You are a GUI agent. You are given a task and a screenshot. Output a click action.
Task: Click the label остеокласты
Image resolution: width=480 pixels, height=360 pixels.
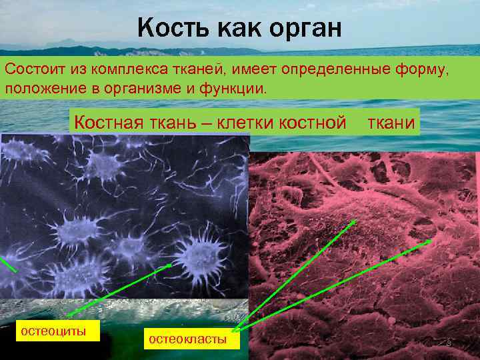pyautogui.click(x=187, y=339)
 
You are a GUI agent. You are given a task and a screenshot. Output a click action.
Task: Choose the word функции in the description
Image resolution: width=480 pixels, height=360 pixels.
pyautogui.click(x=236, y=89)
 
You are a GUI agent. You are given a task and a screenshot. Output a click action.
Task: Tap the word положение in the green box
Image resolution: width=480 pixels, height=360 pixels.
pyautogui.click(x=49, y=89)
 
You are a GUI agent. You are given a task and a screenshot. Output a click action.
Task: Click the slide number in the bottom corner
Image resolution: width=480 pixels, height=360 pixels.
pyautogui.click(x=449, y=343)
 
